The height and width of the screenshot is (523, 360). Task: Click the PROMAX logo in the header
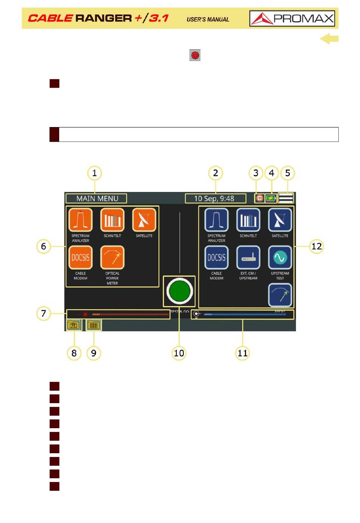[292, 18]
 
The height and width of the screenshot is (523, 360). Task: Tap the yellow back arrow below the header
[329, 39]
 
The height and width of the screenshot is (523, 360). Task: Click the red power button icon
[195, 55]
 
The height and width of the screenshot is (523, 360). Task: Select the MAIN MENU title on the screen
[97, 198]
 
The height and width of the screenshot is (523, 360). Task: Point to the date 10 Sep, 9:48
[214, 198]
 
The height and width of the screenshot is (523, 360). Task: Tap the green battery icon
[271, 198]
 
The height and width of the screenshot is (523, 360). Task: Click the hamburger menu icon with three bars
[286, 198]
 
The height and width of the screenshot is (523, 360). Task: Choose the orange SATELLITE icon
[144, 220]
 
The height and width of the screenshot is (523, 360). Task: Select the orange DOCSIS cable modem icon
[80, 258]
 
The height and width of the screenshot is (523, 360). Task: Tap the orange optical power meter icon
[112, 258]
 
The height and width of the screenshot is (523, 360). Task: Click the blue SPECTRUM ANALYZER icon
[216, 220]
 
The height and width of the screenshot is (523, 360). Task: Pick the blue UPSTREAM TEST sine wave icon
[280, 258]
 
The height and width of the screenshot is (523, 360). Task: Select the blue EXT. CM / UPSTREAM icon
[248, 258]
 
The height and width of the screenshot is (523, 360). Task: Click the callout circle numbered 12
[316, 247]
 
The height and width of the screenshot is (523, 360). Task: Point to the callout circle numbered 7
[44, 313]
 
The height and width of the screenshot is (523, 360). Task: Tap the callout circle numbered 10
[179, 353]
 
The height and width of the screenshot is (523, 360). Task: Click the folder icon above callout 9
[94, 325]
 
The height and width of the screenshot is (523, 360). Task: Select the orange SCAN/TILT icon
[112, 220]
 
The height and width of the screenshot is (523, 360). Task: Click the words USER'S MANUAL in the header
[208, 19]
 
